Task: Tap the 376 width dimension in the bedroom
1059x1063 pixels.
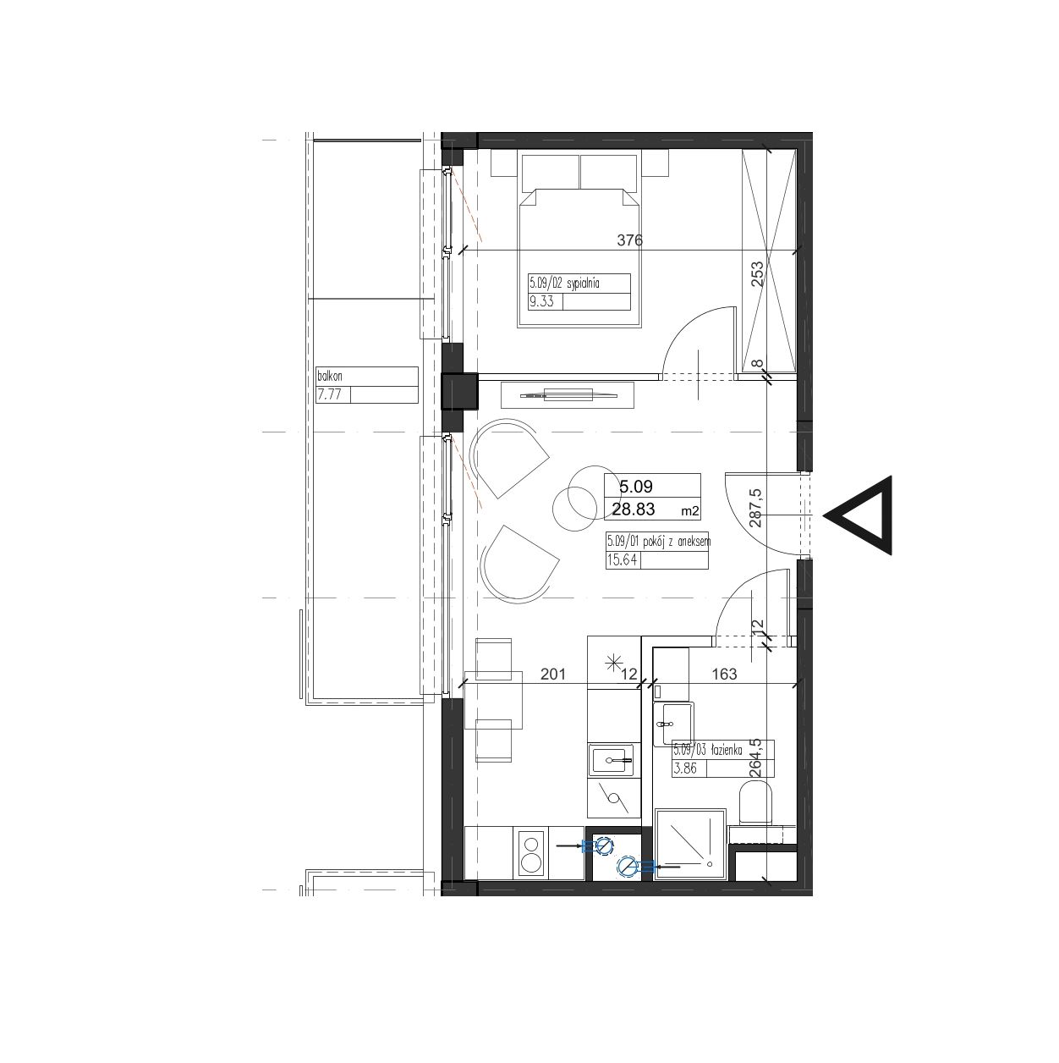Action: [x=630, y=240]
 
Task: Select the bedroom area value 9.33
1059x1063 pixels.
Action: [x=541, y=302]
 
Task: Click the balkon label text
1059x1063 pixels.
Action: [x=330, y=377]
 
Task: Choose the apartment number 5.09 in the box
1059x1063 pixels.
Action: [x=636, y=486]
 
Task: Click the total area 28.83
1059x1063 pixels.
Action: [x=634, y=509]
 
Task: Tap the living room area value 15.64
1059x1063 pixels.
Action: [x=623, y=560]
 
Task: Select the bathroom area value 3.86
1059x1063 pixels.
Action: [x=686, y=768]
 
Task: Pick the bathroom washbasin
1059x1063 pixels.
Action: [x=674, y=724]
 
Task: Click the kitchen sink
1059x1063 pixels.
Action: [x=614, y=760]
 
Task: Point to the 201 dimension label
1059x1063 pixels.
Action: [x=552, y=674]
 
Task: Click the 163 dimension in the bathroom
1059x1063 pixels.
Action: [x=724, y=674]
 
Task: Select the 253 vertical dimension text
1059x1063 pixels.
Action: [x=758, y=274]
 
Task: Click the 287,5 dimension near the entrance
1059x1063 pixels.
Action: [x=755, y=508]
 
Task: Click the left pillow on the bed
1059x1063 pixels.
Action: [x=549, y=172]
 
